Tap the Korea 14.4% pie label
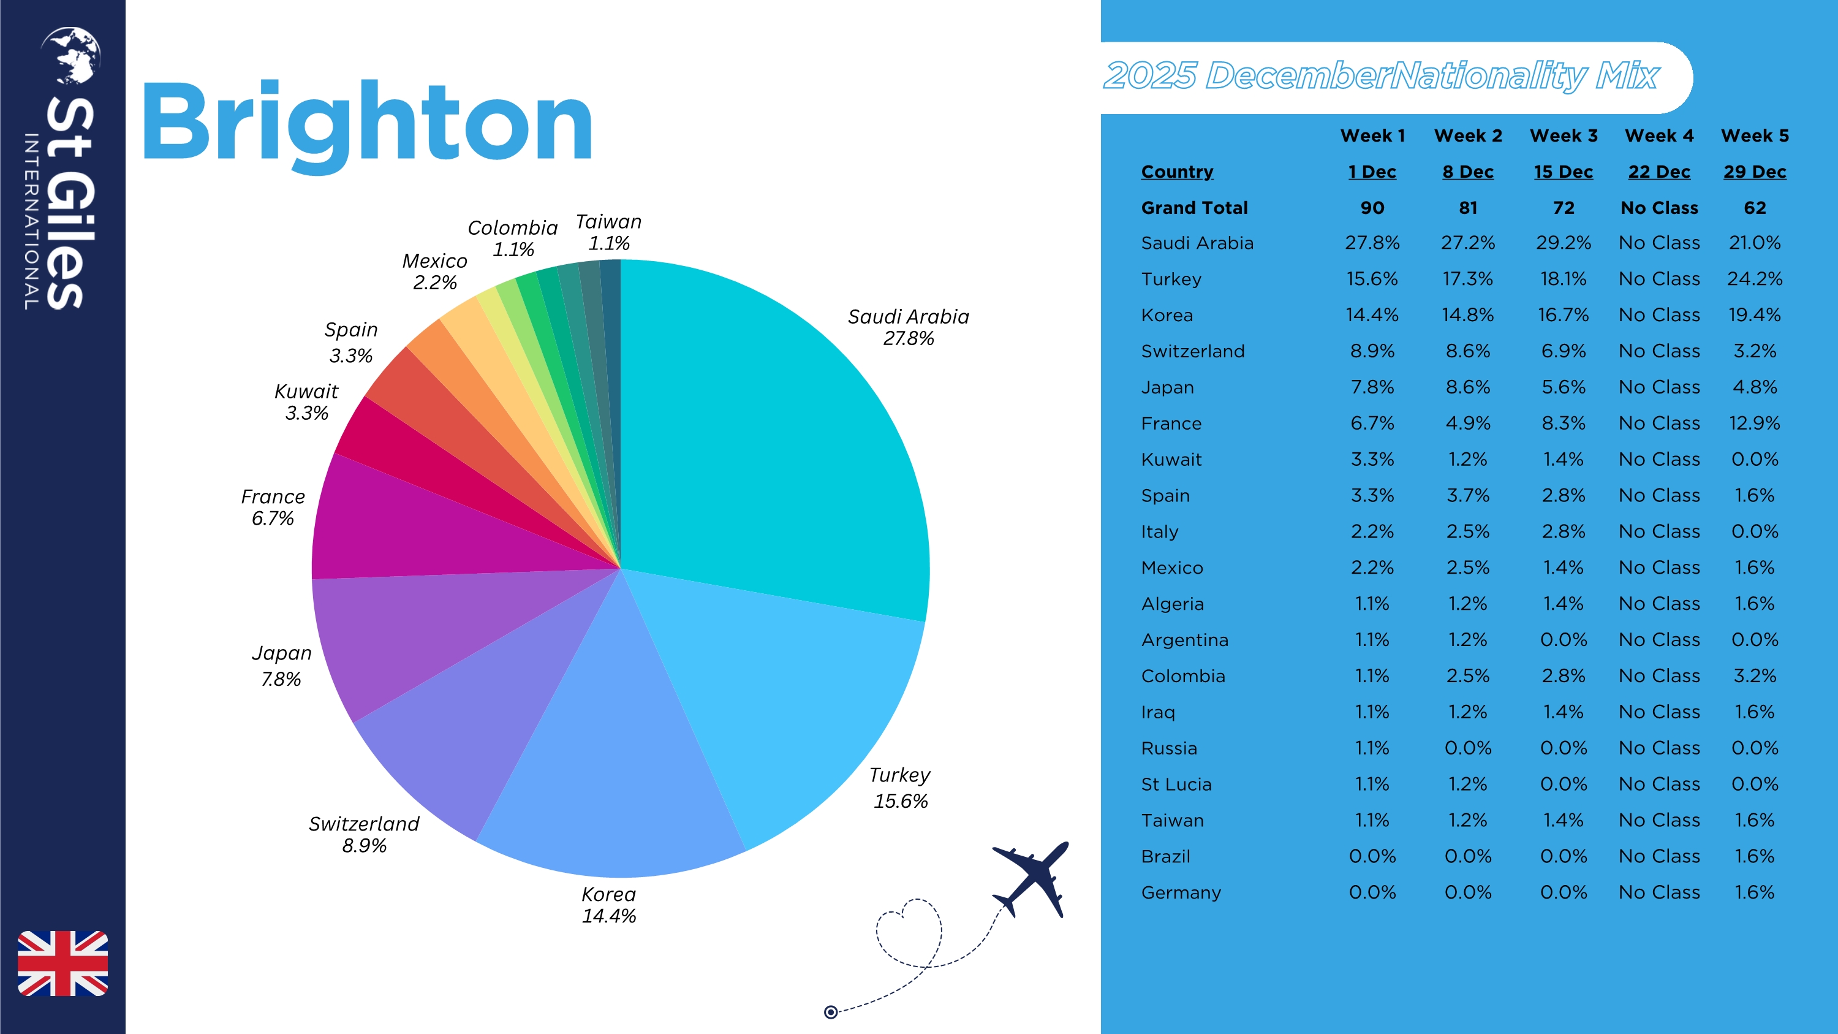(x=608, y=905)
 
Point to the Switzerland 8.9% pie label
(x=364, y=834)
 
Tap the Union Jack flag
(x=62, y=963)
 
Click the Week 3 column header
(x=1564, y=135)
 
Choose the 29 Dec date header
(x=1755, y=172)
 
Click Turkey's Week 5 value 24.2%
(x=1755, y=279)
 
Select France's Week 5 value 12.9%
(x=1755, y=423)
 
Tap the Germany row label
(x=1181, y=892)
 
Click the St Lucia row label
(x=1176, y=785)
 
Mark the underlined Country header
(x=1176, y=172)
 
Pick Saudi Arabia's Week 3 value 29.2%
(x=1564, y=243)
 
